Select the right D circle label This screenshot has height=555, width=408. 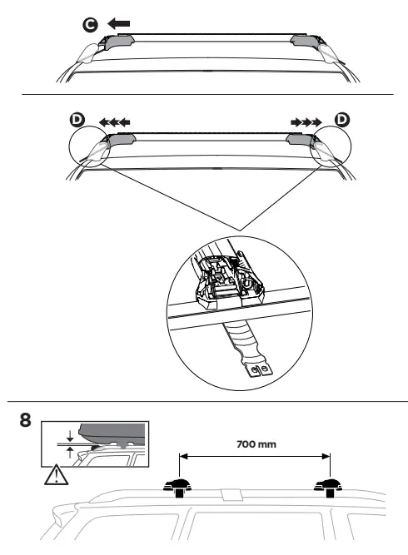click(341, 121)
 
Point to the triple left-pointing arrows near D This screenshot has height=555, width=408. click(114, 121)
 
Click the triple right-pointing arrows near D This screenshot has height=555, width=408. click(306, 121)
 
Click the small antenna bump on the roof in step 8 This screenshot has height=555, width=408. click(231, 495)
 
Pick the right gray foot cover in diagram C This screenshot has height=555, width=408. click(303, 42)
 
